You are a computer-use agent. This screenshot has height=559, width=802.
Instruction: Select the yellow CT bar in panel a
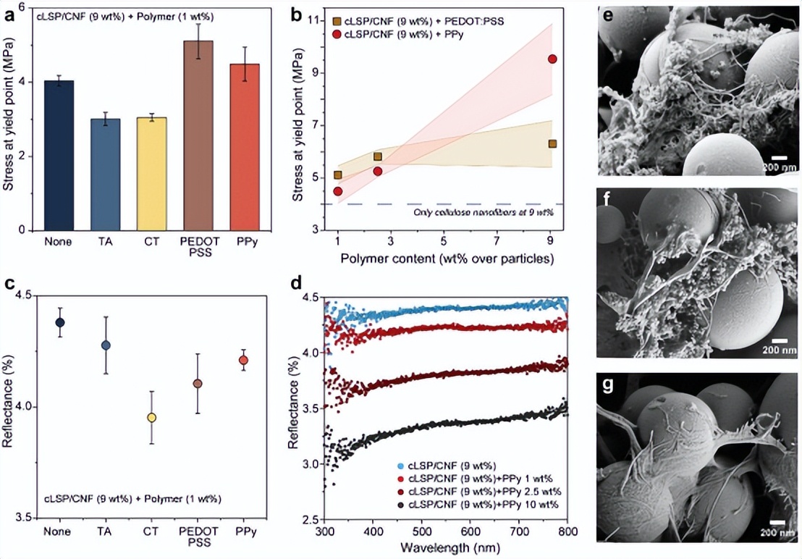tap(152, 174)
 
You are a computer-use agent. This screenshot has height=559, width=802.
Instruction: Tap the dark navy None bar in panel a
tap(59, 155)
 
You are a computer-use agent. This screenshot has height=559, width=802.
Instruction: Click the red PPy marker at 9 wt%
tap(552, 59)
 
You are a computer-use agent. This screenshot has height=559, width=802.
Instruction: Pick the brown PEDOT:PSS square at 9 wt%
tap(552, 143)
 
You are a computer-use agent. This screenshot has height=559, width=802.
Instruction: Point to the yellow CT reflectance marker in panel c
tap(151, 418)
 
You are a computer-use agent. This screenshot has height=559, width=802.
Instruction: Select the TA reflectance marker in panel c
tap(106, 345)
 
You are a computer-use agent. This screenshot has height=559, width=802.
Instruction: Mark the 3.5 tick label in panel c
tap(24, 518)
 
